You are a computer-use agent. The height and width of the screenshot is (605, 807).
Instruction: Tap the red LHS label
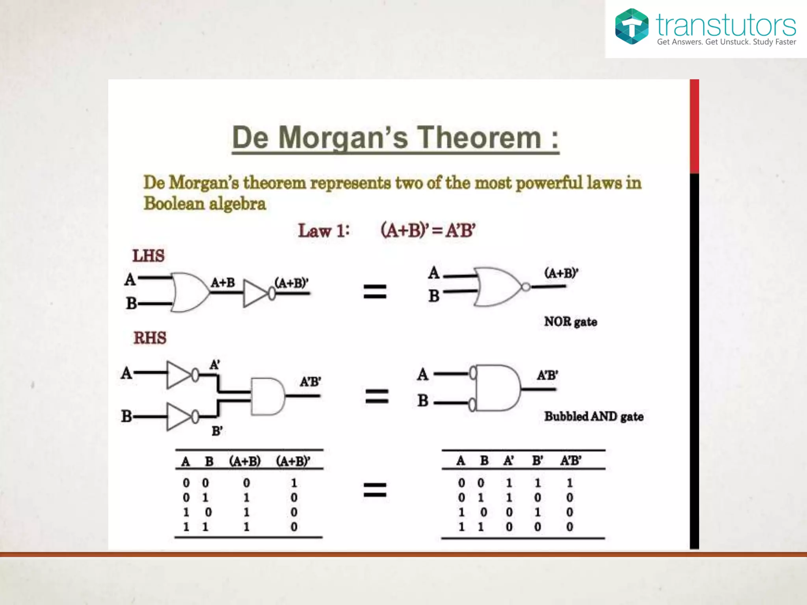click(148, 256)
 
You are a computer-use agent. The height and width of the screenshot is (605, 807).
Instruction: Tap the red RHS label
click(150, 338)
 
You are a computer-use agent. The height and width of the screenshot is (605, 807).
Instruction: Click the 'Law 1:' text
click(324, 231)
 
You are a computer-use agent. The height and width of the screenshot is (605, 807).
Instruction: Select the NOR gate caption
click(570, 322)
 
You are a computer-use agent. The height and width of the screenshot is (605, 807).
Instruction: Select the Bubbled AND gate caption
click(593, 416)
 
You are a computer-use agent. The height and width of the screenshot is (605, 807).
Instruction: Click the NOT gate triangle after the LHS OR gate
click(255, 293)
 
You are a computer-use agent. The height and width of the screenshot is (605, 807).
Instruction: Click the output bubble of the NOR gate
click(526, 287)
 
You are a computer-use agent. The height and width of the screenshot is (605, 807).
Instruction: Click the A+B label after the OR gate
click(223, 282)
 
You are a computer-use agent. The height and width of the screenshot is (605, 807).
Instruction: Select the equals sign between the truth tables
click(375, 490)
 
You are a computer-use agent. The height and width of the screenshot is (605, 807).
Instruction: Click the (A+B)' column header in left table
click(293, 461)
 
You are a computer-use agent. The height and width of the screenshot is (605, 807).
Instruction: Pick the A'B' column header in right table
click(570, 460)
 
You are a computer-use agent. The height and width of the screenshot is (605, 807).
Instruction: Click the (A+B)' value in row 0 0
click(294, 483)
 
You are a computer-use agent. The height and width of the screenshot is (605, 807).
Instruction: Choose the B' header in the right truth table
click(537, 460)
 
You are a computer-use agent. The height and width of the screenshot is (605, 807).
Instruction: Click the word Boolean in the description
click(174, 204)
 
